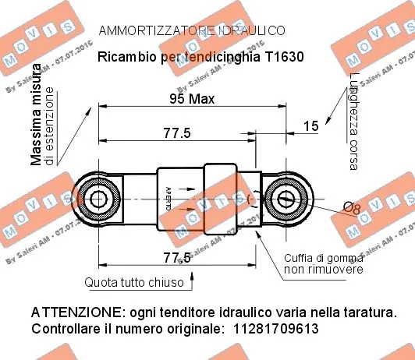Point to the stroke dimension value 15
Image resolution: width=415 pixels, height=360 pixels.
point(310,125)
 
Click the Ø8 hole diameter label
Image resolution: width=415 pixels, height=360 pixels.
point(352,208)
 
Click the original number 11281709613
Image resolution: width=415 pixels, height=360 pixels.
point(276,330)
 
